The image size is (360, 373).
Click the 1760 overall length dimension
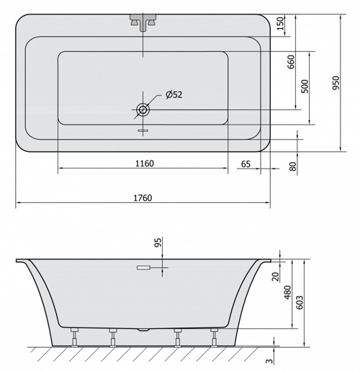pyautogui.click(x=143, y=198)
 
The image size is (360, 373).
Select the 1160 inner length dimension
pyautogui.click(x=145, y=163)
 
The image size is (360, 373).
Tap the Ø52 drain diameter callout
pyautogui.click(x=174, y=94)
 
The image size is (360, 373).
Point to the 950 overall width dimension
pyautogui.click(x=336, y=83)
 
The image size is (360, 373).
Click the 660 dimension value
pyautogui.click(x=291, y=62)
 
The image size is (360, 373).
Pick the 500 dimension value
pyautogui.click(x=305, y=86)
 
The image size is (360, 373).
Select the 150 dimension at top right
pyautogui.click(x=280, y=24)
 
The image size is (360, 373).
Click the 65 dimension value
pyautogui.click(x=246, y=164)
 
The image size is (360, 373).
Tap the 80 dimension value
pyautogui.click(x=293, y=166)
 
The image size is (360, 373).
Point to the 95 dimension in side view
pyautogui.click(x=158, y=243)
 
